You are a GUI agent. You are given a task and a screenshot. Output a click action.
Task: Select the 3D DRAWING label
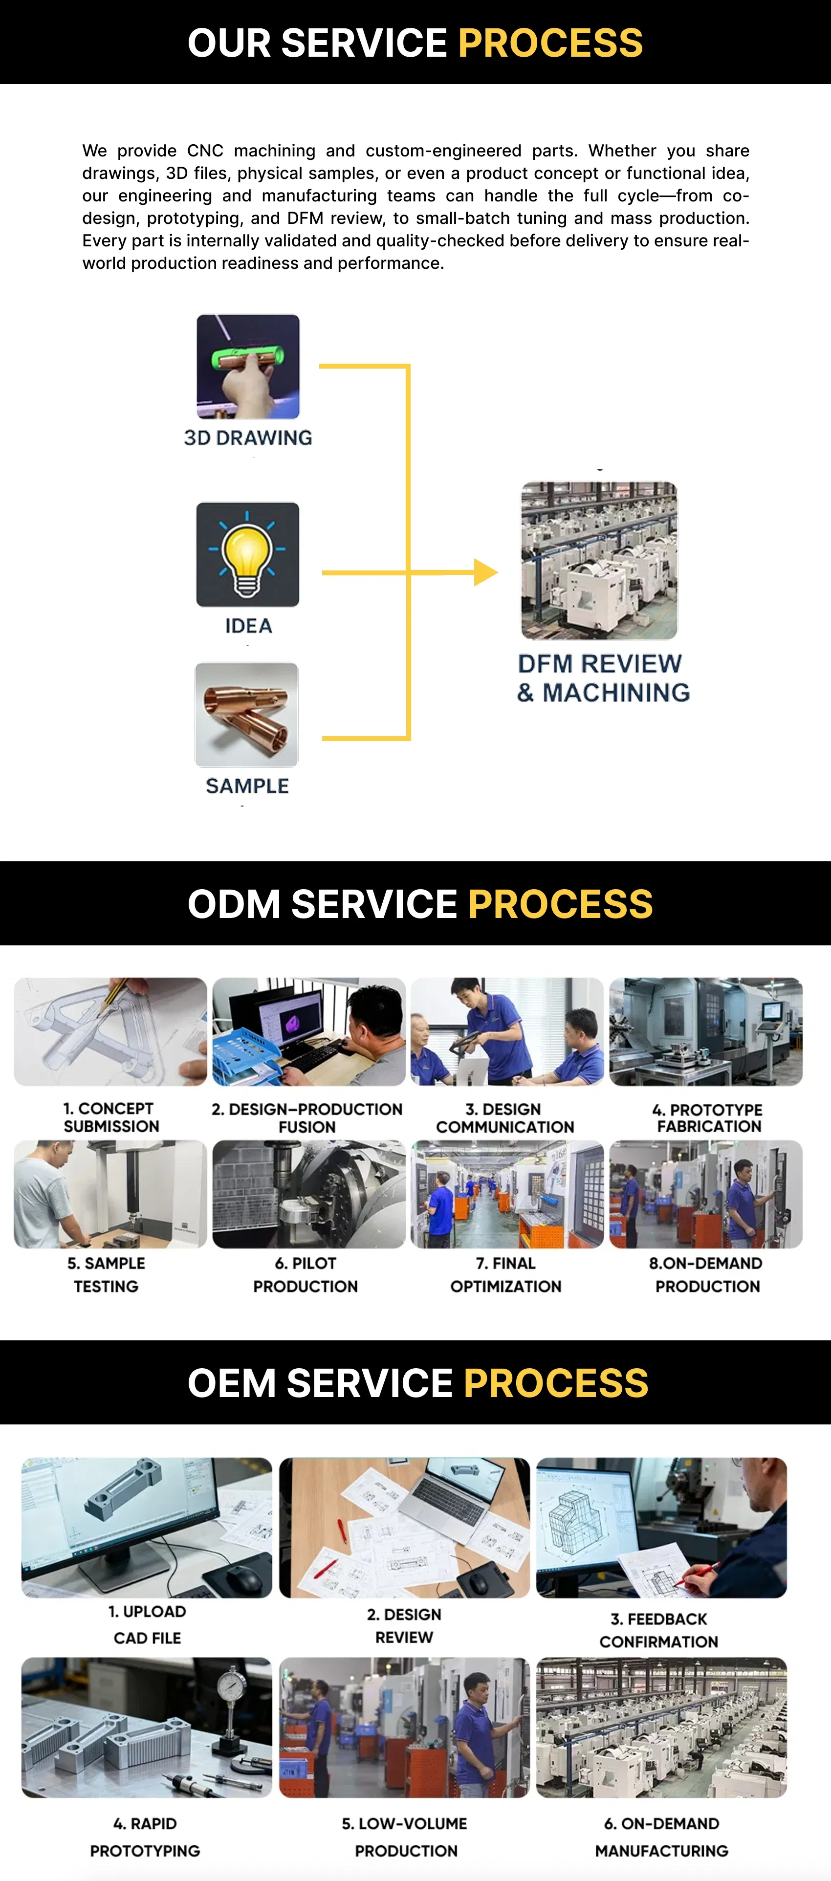[x=247, y=437]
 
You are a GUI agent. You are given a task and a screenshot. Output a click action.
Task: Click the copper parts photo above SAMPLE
[x=247, y=714]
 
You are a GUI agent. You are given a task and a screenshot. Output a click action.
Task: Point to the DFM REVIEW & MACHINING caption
[x=603, y=678]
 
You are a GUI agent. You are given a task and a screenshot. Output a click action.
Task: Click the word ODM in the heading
[x=234, y=904]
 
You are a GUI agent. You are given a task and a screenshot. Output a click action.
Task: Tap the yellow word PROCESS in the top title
[x=550, y=43]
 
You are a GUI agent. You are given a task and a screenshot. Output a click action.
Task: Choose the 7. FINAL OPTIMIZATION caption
[x=506, y=1275]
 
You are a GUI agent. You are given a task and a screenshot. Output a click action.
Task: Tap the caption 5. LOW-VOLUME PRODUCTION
[x=405, y=1837]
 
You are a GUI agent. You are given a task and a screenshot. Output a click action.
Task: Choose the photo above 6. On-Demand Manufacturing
[x=661, y=1728]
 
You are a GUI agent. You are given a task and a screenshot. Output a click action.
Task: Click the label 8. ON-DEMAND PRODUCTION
[x=706, y=1275]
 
